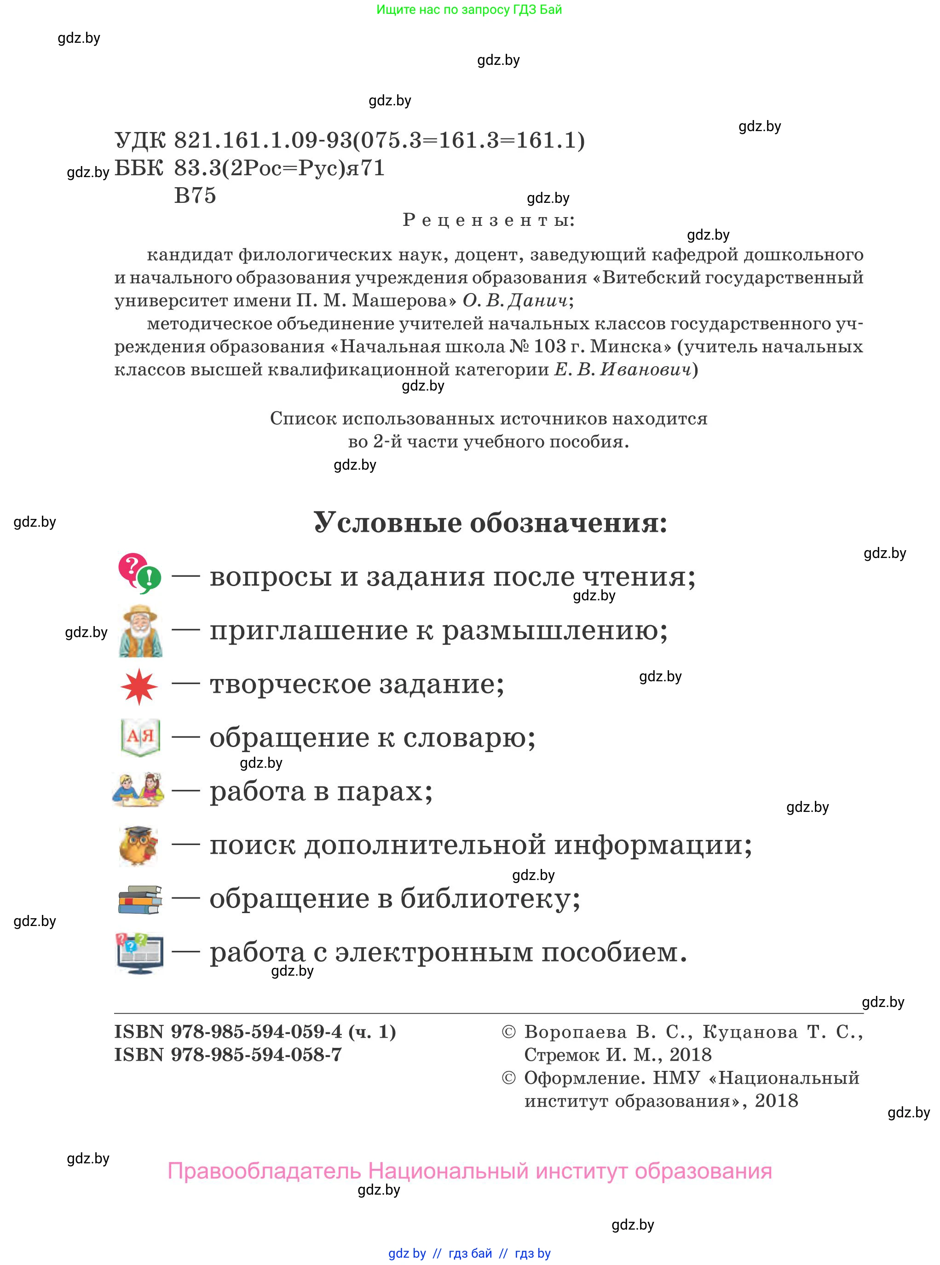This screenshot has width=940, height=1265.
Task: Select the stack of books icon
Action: coord(139,899)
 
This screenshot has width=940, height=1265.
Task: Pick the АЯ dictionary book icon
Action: coord(140,737)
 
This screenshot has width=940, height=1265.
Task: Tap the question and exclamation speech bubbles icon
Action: coord(139,573)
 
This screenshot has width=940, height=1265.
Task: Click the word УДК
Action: coord(140,140)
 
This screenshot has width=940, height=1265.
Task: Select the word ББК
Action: coord(139,168)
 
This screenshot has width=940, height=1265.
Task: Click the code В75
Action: coord(195,195)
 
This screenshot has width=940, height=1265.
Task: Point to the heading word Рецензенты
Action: coord(489,220)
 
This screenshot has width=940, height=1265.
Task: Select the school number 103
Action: coord(550,346)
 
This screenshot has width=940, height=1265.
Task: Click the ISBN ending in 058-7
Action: coord(228,1054)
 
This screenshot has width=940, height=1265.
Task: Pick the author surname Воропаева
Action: coord(575,1032)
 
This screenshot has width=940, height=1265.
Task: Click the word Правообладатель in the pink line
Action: coord(264,1171)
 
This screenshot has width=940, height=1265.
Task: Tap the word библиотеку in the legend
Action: coord(490,899)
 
